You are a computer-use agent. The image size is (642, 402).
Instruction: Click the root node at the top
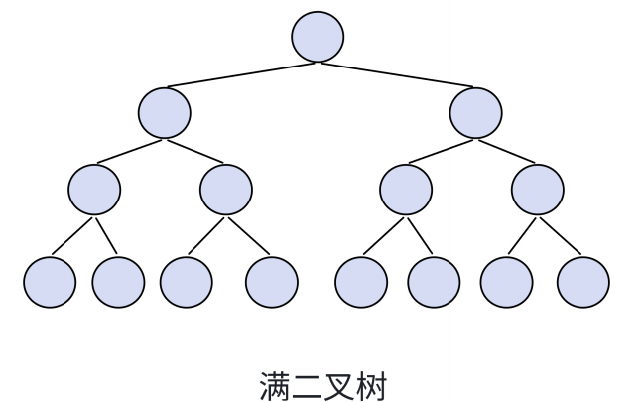pyautogui.click(x=318, y=37)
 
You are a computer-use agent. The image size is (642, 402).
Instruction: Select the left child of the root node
pyautogui.click(x=164, y=112)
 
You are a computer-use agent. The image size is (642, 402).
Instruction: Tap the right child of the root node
pyautogui.click(x=475, y=112)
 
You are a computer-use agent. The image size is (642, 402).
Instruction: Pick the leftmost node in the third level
pyautogui.click(x=95, y=189)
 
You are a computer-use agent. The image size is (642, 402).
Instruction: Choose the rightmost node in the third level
pyautogui.click(x=538, y=189)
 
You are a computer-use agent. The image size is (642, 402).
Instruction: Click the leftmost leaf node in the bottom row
pyautogui.click(x=50, y=282)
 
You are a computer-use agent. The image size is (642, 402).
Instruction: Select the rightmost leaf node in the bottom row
pyautogui.click(x=583, y=282)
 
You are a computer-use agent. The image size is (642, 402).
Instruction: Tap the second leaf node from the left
pyautogui.click(x=118, y=282)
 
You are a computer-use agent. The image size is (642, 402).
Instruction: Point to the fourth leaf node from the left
pyautogui.click(x=272, y=282)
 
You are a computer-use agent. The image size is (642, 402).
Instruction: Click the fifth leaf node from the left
pyautogui.click(x=361, y=282)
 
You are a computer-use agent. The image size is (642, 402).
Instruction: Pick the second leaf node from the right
pyautogui.click(x=507, y=282)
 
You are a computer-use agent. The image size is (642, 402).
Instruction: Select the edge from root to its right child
pyautogui.click(x=397, y=74)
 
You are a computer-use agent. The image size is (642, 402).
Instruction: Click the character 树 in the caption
pyautogui.click(x=371, y=385)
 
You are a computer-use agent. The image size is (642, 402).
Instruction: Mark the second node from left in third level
pyautogui.click(x=226, y=189)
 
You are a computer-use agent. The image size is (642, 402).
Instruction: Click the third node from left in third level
pyautogui.click(x=406, y=189)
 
